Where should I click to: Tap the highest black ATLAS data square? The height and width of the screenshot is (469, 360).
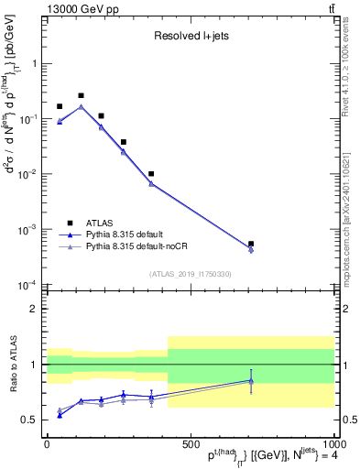81,95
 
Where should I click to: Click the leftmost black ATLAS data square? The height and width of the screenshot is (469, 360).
60,106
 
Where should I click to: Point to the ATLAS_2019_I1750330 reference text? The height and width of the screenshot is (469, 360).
190,274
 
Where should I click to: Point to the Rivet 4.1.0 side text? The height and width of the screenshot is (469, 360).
351,64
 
